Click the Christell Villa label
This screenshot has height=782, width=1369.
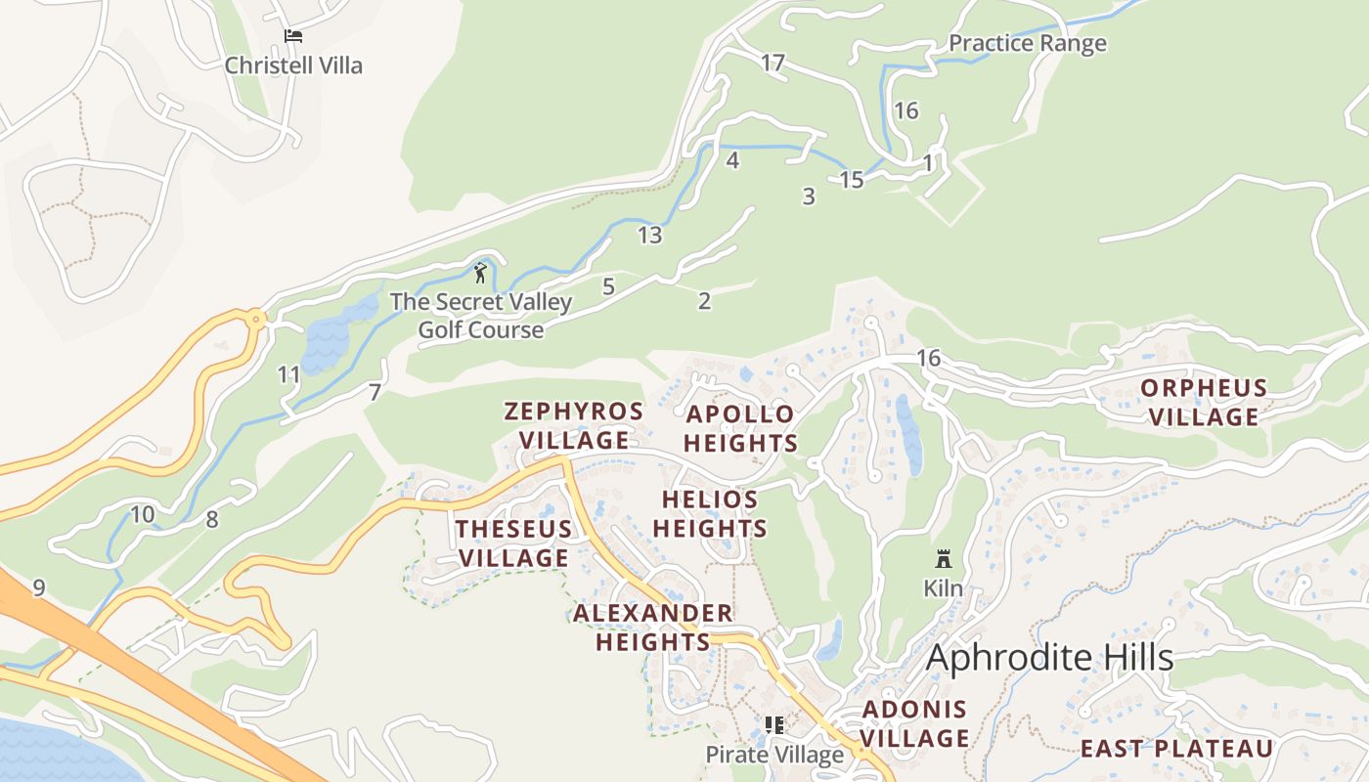[293, 65]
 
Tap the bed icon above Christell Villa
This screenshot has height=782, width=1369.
[293, 36]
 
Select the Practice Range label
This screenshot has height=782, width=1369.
[1028, 43]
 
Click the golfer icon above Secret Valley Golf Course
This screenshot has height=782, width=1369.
[480, 273]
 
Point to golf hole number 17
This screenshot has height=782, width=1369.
[773, 64]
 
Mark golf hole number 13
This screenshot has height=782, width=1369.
[649, 235]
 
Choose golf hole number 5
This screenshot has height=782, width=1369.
[608, 286]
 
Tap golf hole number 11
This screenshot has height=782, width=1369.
[288, 374]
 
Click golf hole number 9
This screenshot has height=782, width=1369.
[38, 587]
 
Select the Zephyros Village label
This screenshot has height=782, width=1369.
[574, 425]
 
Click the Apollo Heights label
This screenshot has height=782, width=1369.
[740, 428]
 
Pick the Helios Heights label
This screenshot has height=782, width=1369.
[710, 514]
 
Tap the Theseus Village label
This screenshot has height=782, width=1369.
[513, 543]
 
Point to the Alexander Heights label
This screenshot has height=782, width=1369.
[653, 628]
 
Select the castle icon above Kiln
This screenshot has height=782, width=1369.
[944, 559]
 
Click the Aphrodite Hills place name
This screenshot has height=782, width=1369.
[1049, 658]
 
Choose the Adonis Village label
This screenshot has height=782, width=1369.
[915, 723]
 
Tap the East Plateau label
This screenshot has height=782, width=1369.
[1176, 749]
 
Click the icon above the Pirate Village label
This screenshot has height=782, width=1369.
[774, 725]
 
